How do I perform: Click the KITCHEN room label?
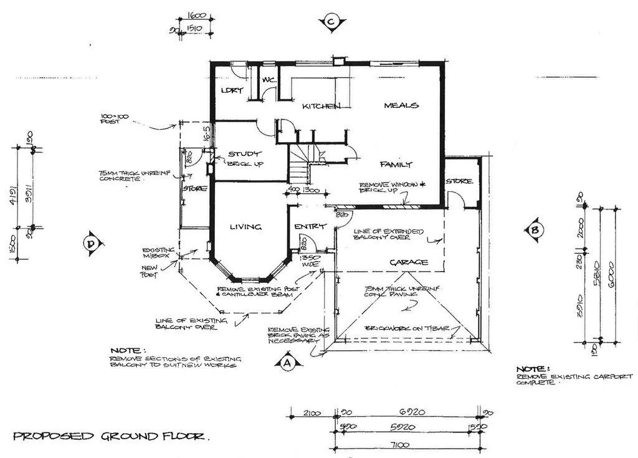(x=321, y=107)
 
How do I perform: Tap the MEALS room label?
(x=401, y=105)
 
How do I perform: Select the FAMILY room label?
(x=396, y=165)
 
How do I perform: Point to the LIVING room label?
(x=245, y=227)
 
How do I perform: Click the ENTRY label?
(x=307, y=227)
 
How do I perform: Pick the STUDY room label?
(x=244, y=154)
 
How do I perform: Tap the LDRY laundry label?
(x=231, y=91)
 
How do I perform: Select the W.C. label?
(x=269, y=80)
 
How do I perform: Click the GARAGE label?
(x=409, y=262)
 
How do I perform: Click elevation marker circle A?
(x=286, y=361)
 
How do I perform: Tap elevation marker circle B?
(x=535, y=230)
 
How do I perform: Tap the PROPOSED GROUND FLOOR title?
(x=111, y=436)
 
